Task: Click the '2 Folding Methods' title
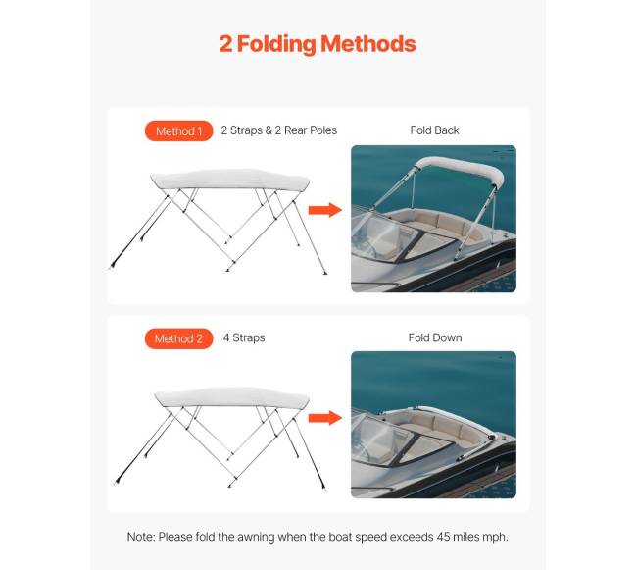click(318, 44)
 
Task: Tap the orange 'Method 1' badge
click(178, 130)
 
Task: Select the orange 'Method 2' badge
click(178, 338)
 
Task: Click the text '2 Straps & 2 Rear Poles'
click(278, 130)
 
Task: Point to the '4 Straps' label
click(243, 338)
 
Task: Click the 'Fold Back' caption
click(434, 130)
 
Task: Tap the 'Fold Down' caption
click(434, 338)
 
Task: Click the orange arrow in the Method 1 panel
click(324, 210)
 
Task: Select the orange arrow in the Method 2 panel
click(324, 418)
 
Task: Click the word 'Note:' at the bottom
click(143, 537)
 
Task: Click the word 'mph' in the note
click(493, 537)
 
